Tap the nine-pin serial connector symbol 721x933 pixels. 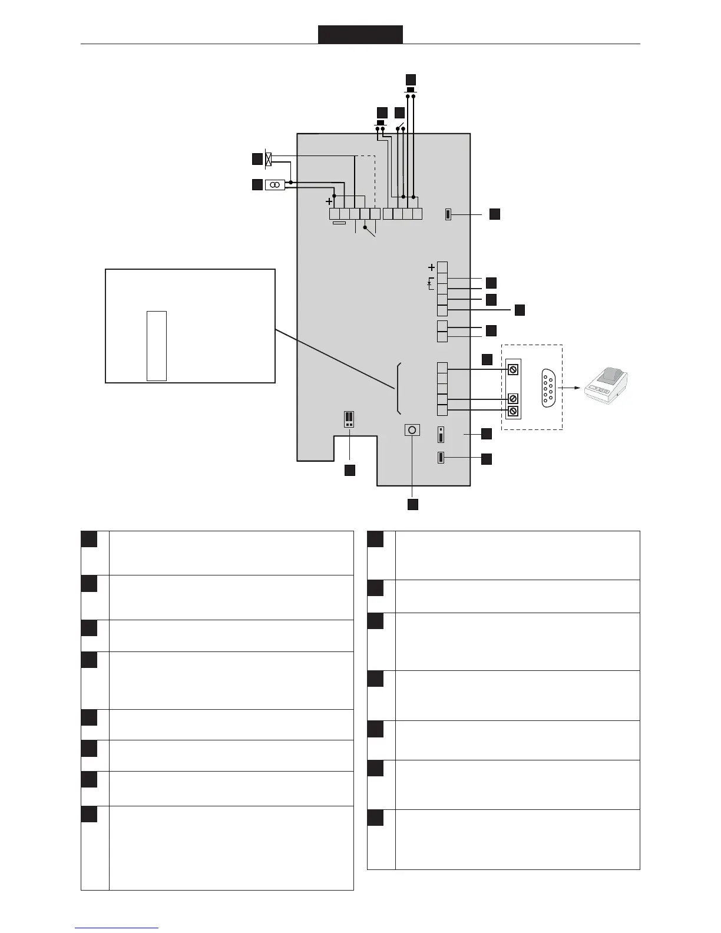[x=548, y=387]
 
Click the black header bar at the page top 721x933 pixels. [x=360, y=34]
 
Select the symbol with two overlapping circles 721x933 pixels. [x=275, y=185]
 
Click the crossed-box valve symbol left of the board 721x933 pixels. [x=269, y=158]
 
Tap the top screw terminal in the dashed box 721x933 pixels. [x=512, y=369]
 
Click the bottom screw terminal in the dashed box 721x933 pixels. [x=512, y=411]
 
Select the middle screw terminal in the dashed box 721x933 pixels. [x=512, y=399]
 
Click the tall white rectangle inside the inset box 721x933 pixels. [x=157, y=346]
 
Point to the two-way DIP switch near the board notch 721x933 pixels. [x=349, y=419]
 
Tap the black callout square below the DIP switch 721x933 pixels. [x=349, y=470]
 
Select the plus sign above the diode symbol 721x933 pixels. [x=431, y=267]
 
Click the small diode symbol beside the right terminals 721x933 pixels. [x=430, y=284]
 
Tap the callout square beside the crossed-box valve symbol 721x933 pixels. [x=256, y=158]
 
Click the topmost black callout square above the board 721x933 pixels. [x=411, y=79]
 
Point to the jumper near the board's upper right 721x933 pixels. [x=448, y=214]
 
